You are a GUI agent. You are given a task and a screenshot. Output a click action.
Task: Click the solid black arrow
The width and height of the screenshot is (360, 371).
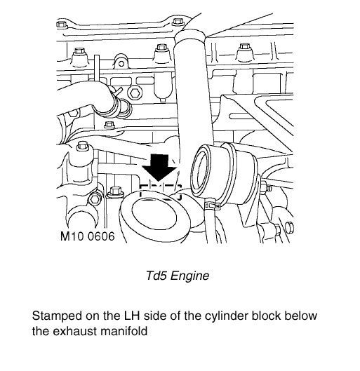tap(159, 168)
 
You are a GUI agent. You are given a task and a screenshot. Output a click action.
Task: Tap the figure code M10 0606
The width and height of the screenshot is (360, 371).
tap(87, 236)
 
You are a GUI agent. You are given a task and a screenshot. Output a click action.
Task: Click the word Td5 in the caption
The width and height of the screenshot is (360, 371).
tap(156, 276)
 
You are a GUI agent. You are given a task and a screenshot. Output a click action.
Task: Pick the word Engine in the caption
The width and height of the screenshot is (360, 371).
tap(189, 276)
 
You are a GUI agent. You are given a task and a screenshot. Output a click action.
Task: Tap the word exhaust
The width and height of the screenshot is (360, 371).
tap(75, 331)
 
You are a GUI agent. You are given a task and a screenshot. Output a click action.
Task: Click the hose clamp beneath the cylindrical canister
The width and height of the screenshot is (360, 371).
tap(212, 204)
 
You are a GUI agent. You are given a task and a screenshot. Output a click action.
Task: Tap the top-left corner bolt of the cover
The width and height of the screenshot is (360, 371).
tap(61, 24)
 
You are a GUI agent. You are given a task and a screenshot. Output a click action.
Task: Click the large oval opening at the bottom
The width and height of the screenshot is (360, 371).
tap(154, 214)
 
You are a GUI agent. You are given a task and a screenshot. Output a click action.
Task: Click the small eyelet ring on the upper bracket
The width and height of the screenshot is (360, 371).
tap(121, 64)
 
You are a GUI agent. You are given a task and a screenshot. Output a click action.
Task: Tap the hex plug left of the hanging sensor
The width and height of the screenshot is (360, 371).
tap(135, 93)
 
